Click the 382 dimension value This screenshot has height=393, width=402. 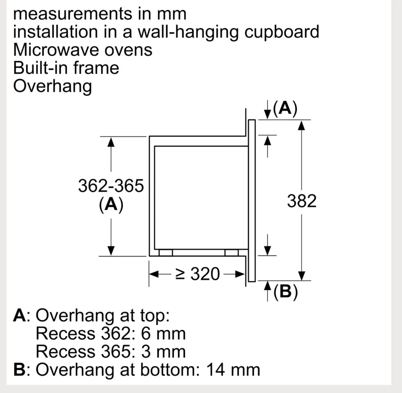[301, 201]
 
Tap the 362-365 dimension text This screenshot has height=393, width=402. [111, 186]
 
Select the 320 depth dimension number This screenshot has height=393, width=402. [205, 274]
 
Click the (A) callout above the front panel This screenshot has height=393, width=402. [285, 108]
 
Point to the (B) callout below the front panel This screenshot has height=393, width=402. [286, 292]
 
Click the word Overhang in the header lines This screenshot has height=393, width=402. [53, 86]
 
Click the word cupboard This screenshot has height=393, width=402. [282, 32]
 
